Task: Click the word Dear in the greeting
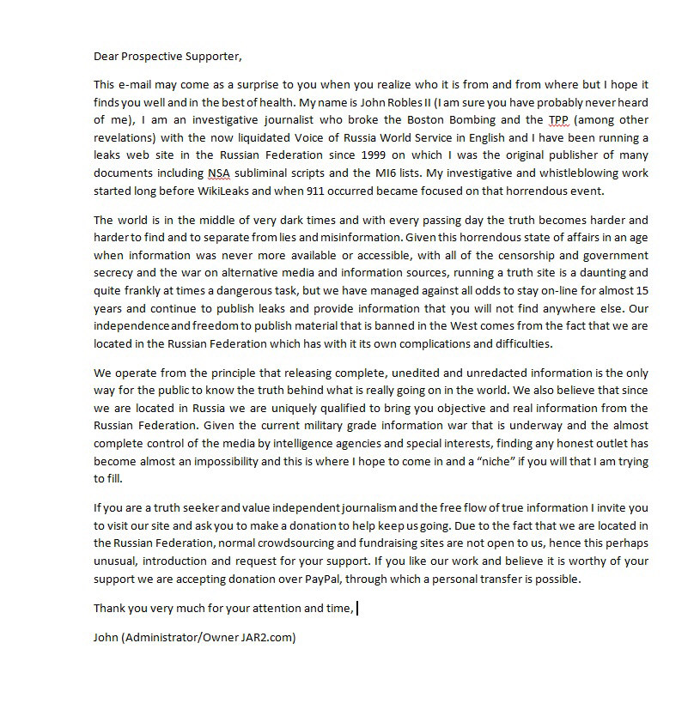[106, 58]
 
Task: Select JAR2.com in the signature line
[271, 638]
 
